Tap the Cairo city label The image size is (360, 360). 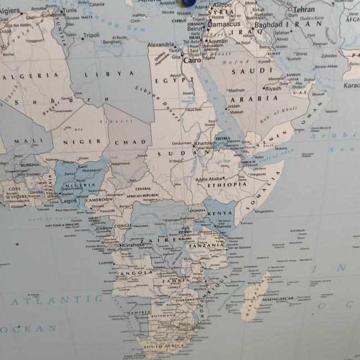pyautogui.click(x=192, y=60)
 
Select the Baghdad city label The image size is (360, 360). pyautogui.click(x=269, y=24)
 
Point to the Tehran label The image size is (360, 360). pyautogui.click(x=304, y=9)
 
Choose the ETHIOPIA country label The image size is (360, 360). pyautogui.click(x=228, y=184)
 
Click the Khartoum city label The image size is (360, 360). pyautogui.click(x=205, y=143)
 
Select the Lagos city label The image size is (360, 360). pyautogui.click(x=69, y=201)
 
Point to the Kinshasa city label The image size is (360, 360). pyautogui.click(x=133, y=244)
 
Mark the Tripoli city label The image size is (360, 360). pyautogui.click(x=91, y=35)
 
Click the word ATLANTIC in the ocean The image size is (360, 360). pyautogui.click(x=38, y=302)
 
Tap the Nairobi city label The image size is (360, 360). pyautogui.click(x=224, y=226)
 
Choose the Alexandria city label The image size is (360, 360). pyautogui.click(x=161, y=44)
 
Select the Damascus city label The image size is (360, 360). pyautogui.click(x=224, y=24)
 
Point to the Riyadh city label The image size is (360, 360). pyautogui.click(x=273, y=89)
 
